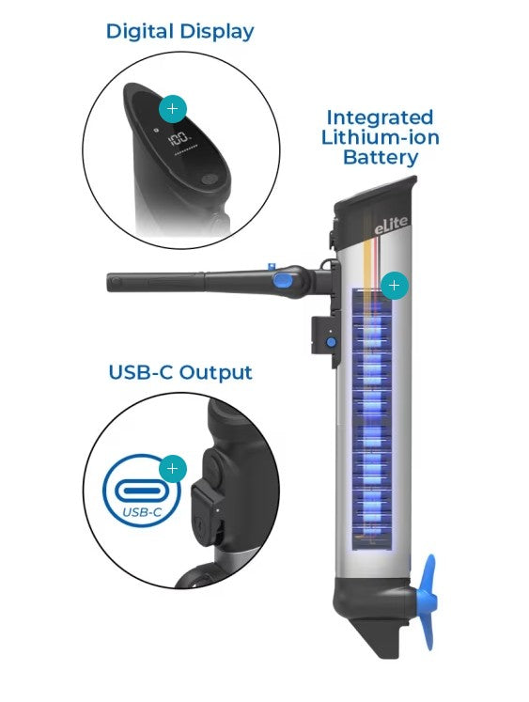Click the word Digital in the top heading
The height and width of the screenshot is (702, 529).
(x=140, y=31)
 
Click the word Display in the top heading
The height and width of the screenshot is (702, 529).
(x=217, y=32)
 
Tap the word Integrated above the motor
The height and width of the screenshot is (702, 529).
(x=380, y=118)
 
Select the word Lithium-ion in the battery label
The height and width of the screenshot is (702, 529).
(x=380, y=137)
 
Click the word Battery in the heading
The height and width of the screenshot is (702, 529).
(x=381, y=158)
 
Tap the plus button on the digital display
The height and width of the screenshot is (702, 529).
(x=172, y=109)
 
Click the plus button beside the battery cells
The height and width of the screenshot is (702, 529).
(x=395, y=285)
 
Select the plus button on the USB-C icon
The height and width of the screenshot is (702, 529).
(x=173, y=469)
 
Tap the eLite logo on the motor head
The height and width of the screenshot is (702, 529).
(x=392, y=225)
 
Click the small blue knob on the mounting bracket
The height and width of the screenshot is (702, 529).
(x=331, y=342)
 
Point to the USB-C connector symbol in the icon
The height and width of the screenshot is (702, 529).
(x=142, y=491)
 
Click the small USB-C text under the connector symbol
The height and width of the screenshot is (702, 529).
(x=142, y=512)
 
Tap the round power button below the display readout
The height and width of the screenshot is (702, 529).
(x=209, y=179)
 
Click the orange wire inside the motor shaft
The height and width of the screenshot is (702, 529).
(x=368, y=264)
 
